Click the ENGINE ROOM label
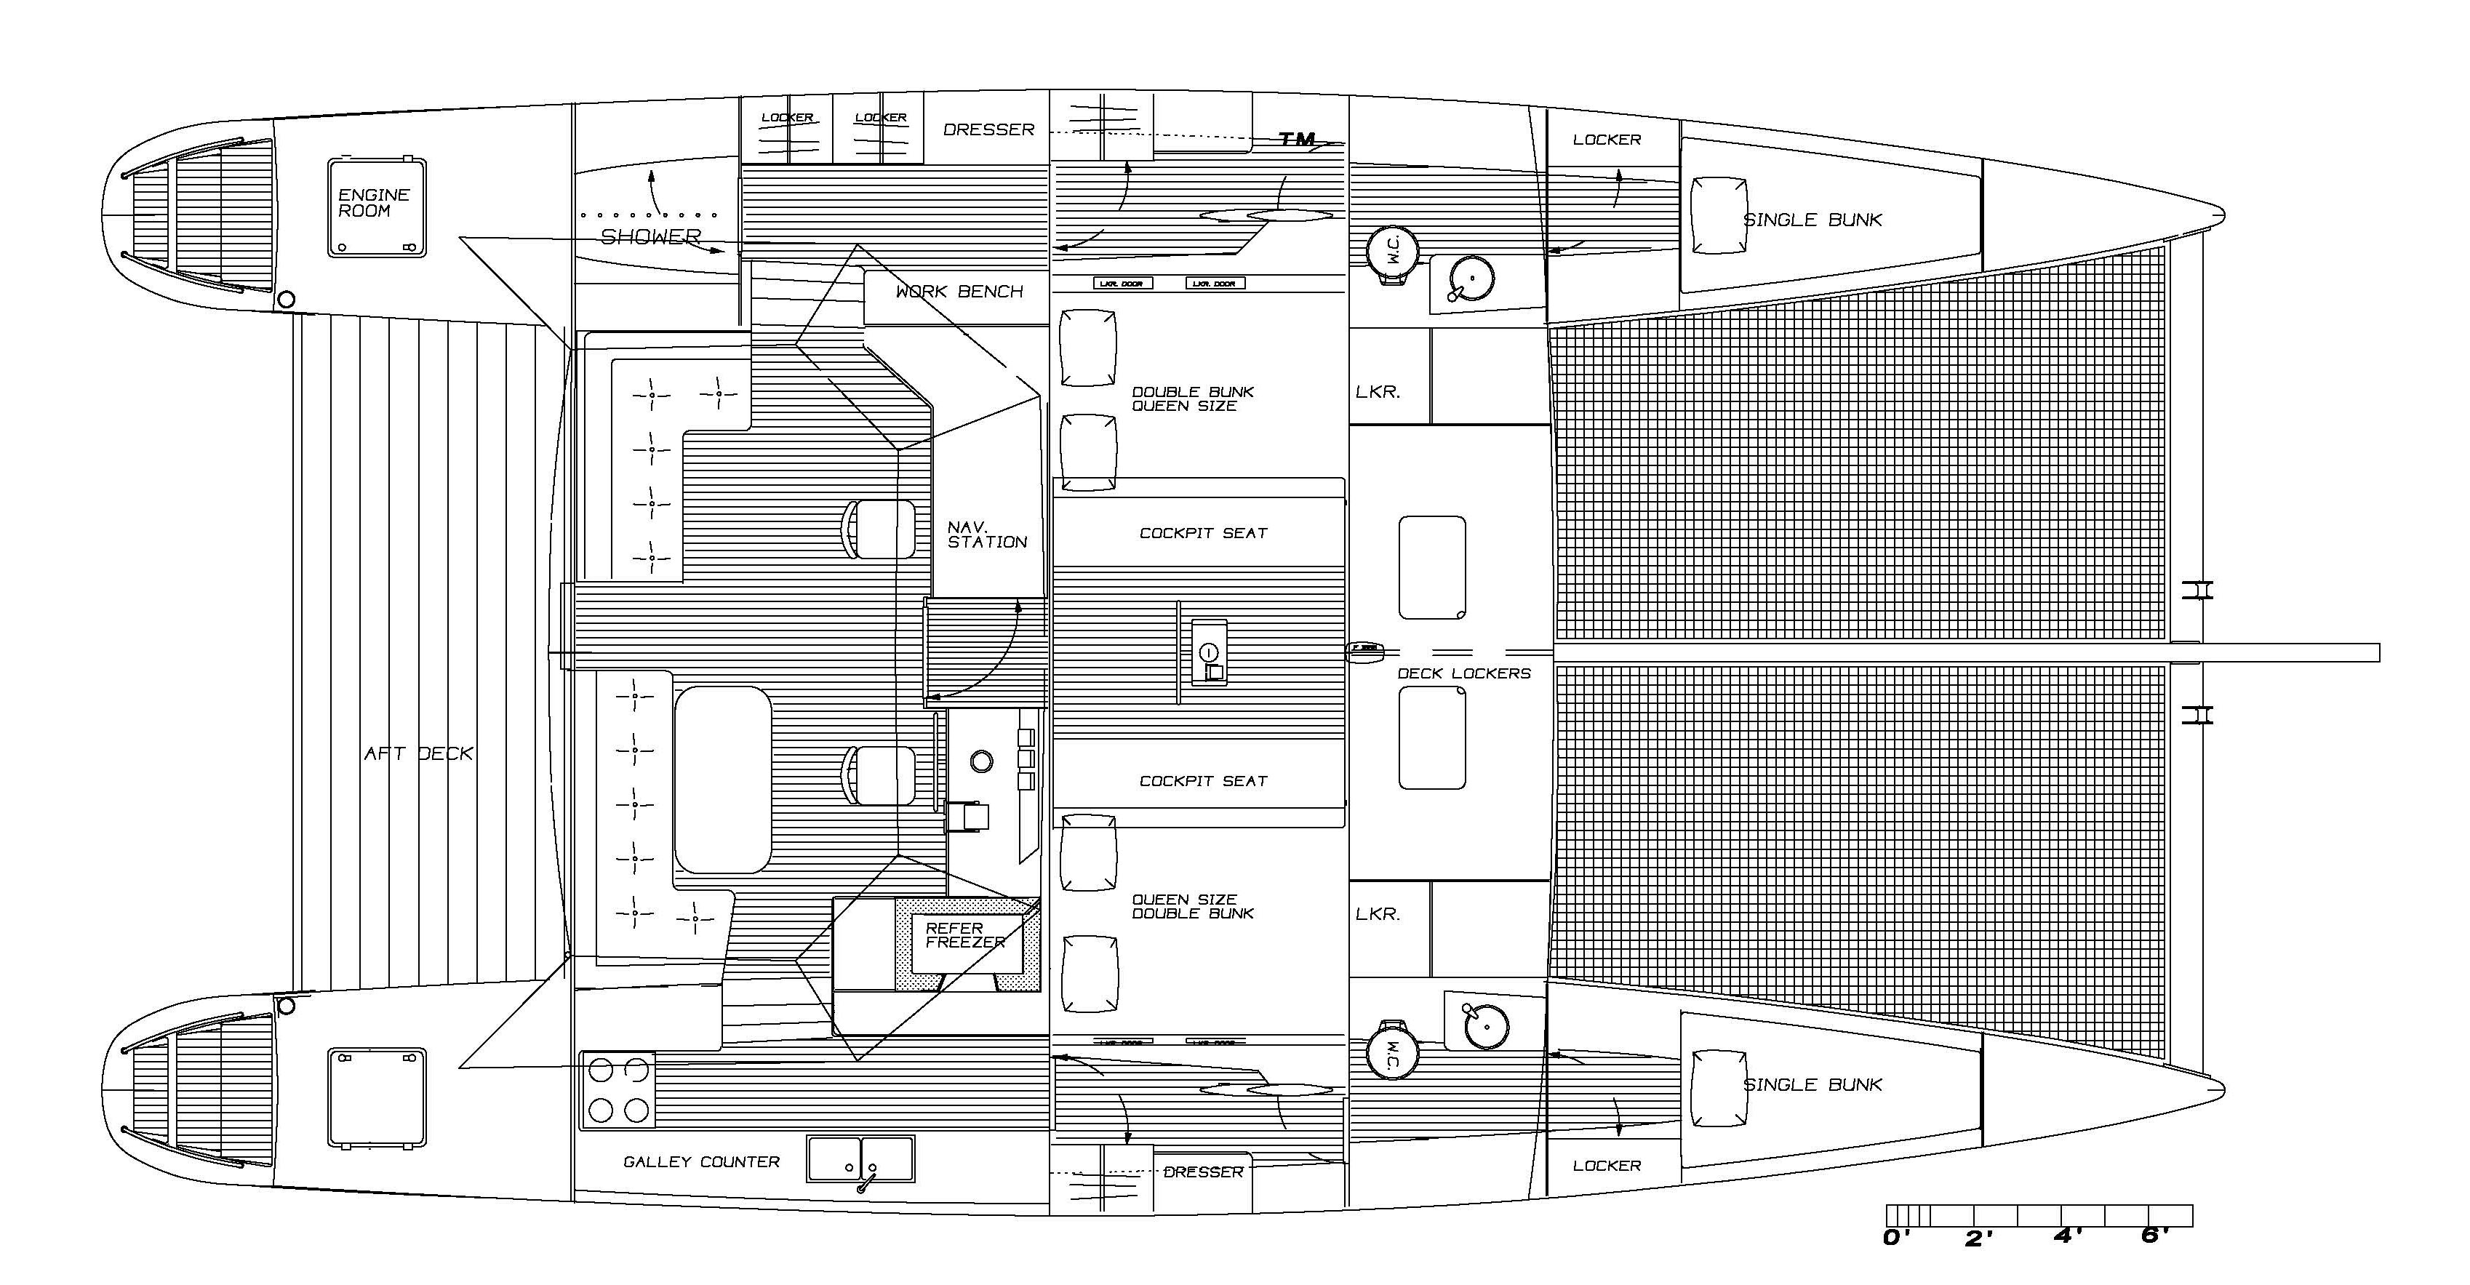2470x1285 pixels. [374, 202]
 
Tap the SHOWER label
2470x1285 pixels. [651, 236]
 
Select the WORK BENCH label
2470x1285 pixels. [959, 292]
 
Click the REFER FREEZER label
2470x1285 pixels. [964, 935]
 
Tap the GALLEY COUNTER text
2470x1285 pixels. [701, 1161]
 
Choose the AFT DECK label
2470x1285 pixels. [418, 753]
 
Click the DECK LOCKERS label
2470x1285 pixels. [1463, 673]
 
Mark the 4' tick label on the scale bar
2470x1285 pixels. [2067, 1237]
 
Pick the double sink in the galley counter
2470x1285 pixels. [860, 1158]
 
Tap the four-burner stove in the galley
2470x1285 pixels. [618, 1089]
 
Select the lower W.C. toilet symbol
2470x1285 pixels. [1392, 1051]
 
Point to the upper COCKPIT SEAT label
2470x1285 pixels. [1202, 533]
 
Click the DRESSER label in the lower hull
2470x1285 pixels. [1202, 1172]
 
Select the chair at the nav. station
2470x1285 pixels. [879, 529]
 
